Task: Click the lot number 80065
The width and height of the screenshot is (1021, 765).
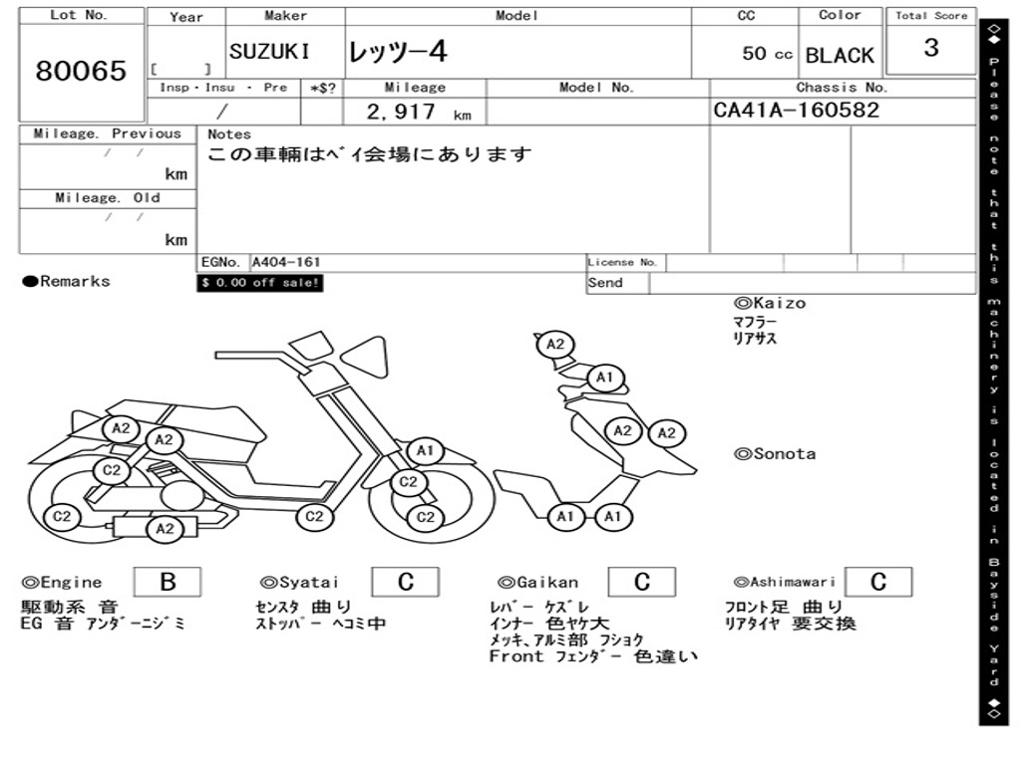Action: tap(81, 71)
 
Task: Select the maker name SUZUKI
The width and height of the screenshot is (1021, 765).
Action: tap(269, 52)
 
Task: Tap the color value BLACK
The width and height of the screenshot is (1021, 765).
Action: tap(840, 56)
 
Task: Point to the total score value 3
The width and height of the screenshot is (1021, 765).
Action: tap(930, 48)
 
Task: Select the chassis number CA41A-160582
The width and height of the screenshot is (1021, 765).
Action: tap(797, 111)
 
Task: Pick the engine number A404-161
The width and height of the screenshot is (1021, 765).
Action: tap(286, 263)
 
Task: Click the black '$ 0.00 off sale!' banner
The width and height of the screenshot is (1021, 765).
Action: tap(260, 283)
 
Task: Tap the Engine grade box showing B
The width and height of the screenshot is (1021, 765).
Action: tap(168, 582)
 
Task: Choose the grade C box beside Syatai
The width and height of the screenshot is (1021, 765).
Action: tap(406, 582)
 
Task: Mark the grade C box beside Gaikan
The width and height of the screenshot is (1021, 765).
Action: tap(642, 582)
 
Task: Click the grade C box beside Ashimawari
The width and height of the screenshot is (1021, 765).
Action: tap(878, 582)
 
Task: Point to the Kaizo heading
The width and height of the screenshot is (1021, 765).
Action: tap(770, 303)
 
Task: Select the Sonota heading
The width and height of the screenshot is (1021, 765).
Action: tap(775, 454)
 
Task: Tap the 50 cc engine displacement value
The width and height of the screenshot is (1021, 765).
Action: tap(767, 54)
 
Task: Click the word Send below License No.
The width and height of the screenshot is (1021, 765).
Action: tap(605, 283)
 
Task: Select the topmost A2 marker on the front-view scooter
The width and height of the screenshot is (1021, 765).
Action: tap(556, 345)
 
